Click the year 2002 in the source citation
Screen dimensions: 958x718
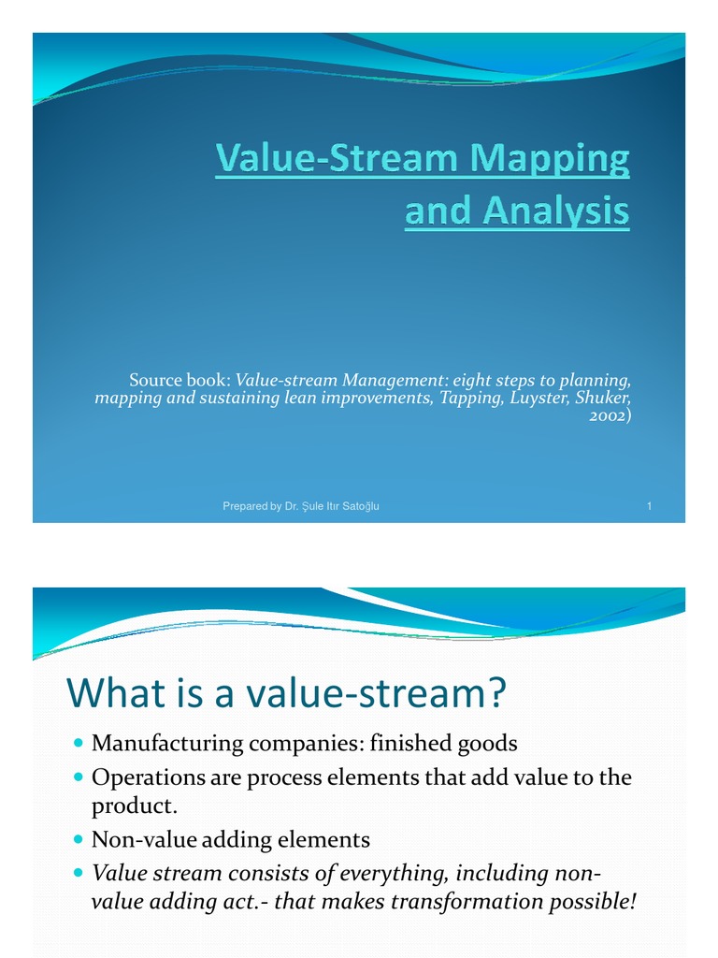607,415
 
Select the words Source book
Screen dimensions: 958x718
179,380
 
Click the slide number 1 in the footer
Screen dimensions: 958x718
649,506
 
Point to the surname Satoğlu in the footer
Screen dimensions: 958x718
360,506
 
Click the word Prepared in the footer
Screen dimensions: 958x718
246,506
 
